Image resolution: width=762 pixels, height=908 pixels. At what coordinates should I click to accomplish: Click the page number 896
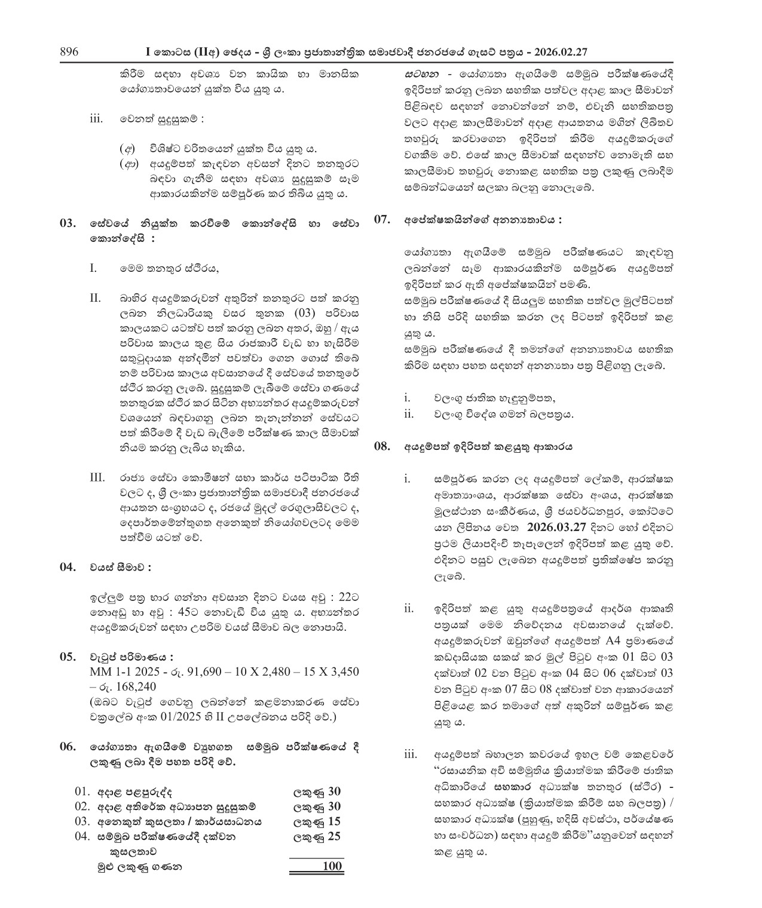69,52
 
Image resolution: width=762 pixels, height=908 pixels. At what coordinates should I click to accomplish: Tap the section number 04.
68,567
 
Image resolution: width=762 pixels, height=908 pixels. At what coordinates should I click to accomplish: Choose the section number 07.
382,220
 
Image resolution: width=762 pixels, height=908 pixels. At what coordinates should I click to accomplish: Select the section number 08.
382,446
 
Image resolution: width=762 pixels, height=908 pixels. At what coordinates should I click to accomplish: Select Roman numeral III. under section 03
97,478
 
